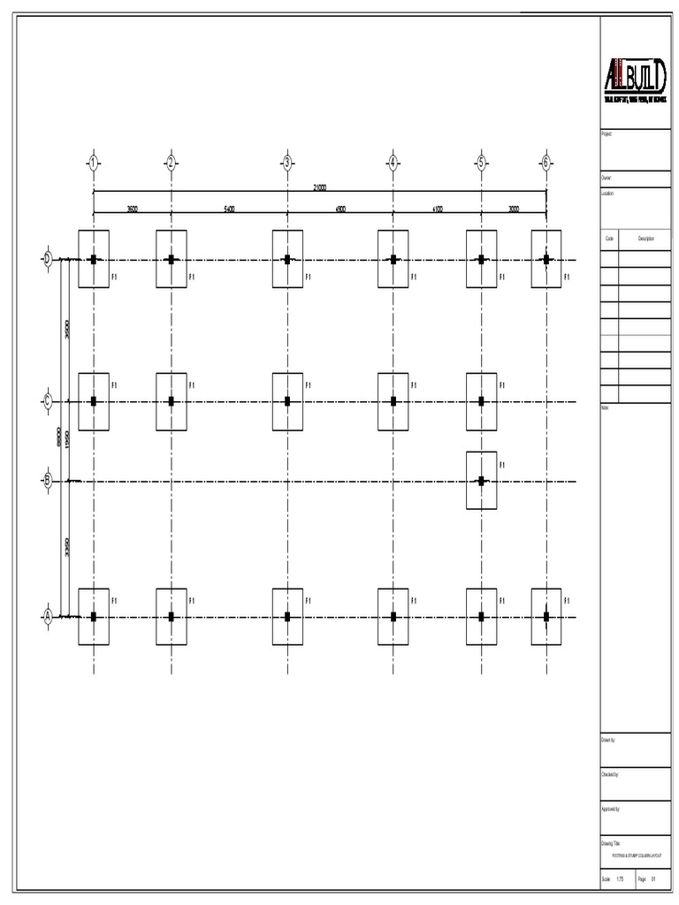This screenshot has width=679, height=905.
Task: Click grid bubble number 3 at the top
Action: tap(287, 162)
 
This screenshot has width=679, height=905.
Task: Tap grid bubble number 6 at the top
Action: tap(546, 162)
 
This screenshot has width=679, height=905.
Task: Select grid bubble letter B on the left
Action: tap(48, 481)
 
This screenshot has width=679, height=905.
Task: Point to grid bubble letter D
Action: tap(48, 259)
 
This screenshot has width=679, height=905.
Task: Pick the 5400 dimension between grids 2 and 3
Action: tap(228, 209)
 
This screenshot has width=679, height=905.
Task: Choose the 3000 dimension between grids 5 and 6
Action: tap(514, 209)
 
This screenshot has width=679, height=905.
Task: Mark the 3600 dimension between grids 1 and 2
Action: tap(131, 209)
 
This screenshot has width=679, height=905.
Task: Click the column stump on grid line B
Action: tap(481, 481)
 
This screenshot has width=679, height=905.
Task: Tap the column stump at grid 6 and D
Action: tap(546, 259)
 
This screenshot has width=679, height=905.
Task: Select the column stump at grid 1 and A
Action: tap(93, 617)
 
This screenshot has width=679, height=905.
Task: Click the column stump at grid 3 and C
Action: tap(287, 401)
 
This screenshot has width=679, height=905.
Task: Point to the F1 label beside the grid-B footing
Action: tap(501, 465)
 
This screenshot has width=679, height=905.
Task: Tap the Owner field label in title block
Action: tap(607, 178)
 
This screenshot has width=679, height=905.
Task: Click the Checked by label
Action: tap(610, 773)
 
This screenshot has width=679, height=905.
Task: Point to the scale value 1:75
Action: tap(620, 879)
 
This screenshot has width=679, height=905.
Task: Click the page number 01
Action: tap(653, 879)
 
